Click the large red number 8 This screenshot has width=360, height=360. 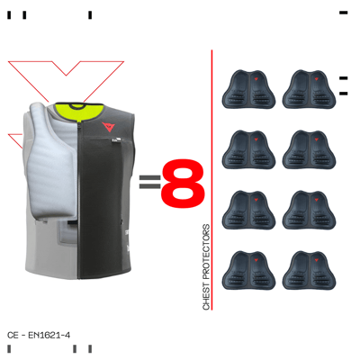183,183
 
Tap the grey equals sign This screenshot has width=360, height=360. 149,182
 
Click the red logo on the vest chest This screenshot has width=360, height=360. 108,127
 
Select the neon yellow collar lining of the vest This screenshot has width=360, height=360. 79,111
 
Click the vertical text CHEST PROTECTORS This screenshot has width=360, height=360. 206,267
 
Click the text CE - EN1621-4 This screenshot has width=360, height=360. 39,335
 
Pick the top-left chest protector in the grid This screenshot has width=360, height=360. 248,89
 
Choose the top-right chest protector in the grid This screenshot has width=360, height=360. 309,89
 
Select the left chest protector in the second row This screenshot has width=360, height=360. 248,149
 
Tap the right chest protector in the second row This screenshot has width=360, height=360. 309,149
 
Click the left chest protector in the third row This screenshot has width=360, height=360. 248,210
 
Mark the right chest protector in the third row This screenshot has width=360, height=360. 309,210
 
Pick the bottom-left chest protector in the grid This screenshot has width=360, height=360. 248,270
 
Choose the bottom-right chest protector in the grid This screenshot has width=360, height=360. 309,270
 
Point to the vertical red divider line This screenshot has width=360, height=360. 211,180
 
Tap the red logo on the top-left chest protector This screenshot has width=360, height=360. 256,79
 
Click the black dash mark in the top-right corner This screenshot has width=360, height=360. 344,13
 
